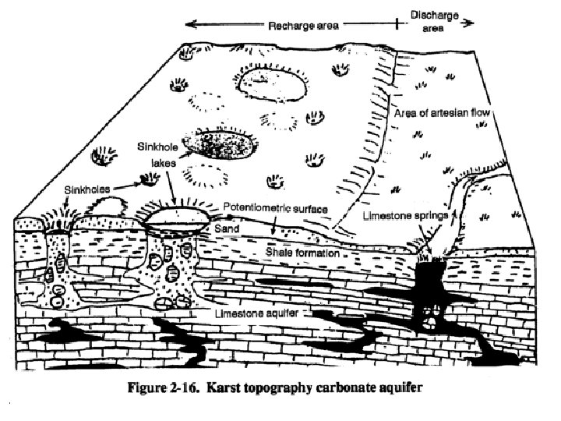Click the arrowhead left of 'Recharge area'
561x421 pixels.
pos(189,24)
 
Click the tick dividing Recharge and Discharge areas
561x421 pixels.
pos(399,24)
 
